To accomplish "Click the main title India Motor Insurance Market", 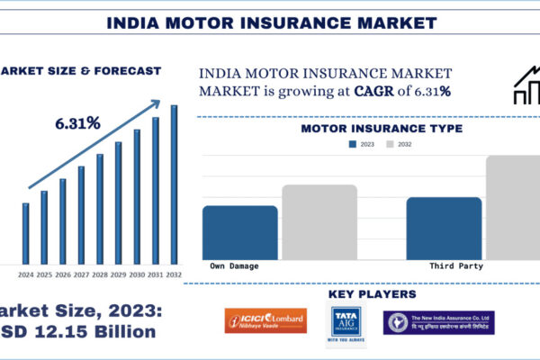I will coord(269,21).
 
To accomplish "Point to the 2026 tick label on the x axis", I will coord(62,274).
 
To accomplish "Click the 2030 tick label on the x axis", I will coord(137,274).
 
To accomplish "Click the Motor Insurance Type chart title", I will coord(382,129).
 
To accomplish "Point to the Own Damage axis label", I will coord(235,266).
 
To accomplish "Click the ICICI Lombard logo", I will coord(265,321).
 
